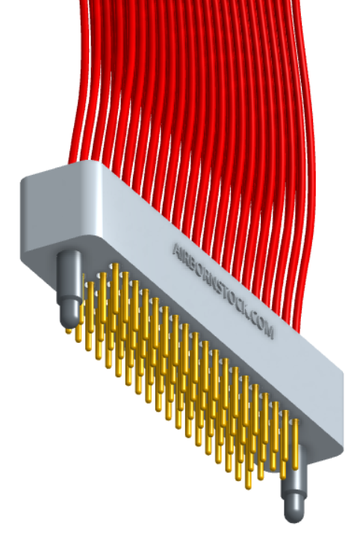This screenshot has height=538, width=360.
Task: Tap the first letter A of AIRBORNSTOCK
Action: click(x=176, y=247)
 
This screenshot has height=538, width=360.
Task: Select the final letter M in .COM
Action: click(x=270, y=330)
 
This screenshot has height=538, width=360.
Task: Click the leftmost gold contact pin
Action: click(x=78, y=329)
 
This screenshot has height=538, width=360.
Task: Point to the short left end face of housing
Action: click(x=37, y=217)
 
